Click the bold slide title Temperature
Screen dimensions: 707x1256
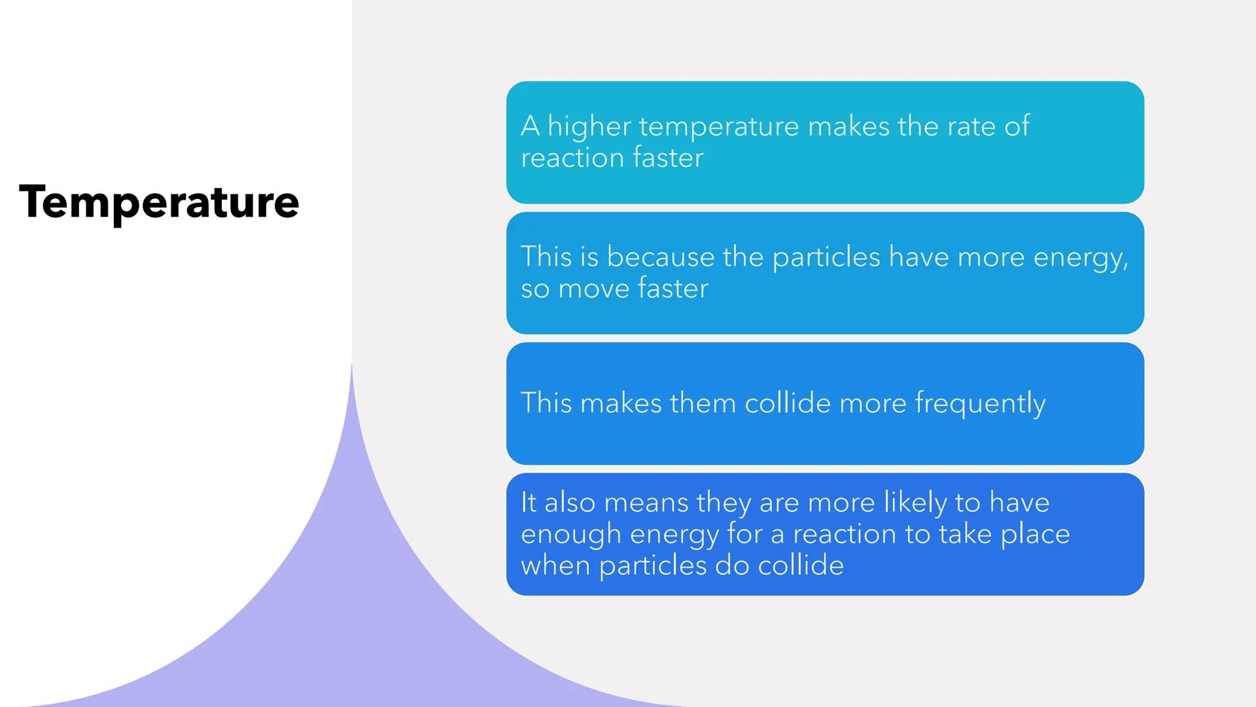tap(159, 202)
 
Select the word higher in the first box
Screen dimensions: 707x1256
tap(589, 126)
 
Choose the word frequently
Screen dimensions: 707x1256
tap(980, 403)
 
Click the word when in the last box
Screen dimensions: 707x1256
tap(555, 566)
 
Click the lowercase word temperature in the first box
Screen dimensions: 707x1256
tap(719, 126)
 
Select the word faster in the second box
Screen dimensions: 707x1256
tap(673, 289)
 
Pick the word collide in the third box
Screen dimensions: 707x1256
tap(788, 403)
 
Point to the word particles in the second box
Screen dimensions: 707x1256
tap(826, 257)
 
